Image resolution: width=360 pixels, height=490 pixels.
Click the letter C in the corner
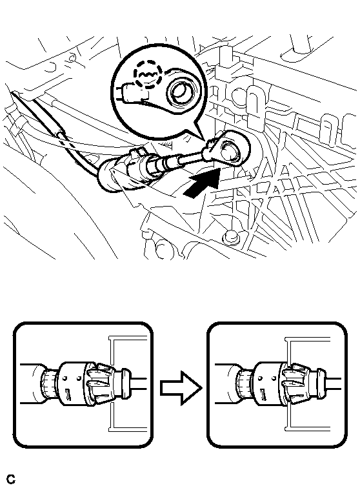(x=11, y=479)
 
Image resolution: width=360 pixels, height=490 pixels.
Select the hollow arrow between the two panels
(x=181, y=388)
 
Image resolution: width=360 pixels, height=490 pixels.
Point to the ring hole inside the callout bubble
(x=179, y=92)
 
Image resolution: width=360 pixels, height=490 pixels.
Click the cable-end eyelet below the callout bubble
(x=227, y=148)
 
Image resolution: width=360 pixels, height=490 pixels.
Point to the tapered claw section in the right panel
(x=294, y=383)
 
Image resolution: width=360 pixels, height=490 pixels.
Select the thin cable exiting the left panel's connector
(x=139, y=383)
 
